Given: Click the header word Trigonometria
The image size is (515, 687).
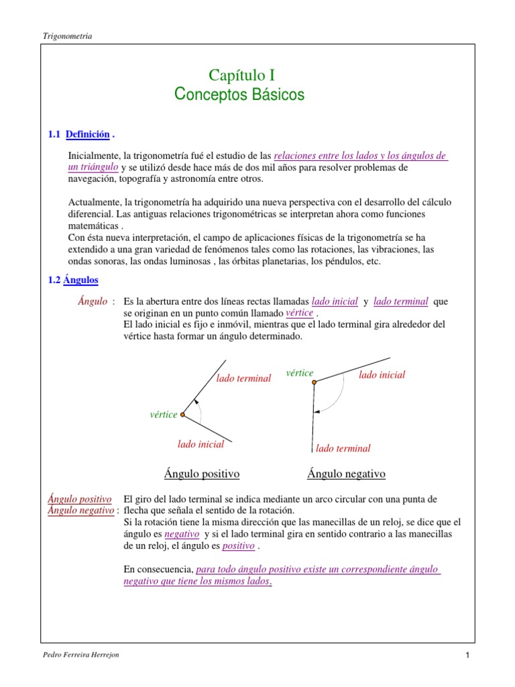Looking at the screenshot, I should click(66, 36).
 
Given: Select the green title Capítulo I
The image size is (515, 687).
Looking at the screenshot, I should click(242, 75).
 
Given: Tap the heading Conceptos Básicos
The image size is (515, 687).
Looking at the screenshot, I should click(239, 95).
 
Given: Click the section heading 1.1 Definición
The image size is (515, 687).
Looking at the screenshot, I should click(78, 135).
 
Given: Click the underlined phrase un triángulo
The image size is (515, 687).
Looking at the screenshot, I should click(94, 166).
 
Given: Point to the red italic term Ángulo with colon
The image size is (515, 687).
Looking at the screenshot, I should click(97, 302).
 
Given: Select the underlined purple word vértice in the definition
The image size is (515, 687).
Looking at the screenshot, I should click(299, 313).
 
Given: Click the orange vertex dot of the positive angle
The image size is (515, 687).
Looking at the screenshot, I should click(182, 415).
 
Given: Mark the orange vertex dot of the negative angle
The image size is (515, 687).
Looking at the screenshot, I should click(314, 382).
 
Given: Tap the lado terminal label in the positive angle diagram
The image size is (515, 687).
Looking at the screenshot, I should click(243, 378).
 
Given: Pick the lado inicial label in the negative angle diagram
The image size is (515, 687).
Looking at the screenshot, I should click(382, 375).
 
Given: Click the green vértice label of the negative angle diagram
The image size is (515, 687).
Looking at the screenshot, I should click(299, 373).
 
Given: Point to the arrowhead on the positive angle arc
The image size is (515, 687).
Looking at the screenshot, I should click(195, 402).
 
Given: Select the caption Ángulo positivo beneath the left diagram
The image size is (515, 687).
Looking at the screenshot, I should click(202, 474).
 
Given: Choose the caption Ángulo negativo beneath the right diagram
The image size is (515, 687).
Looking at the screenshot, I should click(346, 474).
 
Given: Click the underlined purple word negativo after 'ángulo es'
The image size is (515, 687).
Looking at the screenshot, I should click(182, 534).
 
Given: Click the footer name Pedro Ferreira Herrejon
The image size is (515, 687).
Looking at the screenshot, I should click(80, 654).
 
